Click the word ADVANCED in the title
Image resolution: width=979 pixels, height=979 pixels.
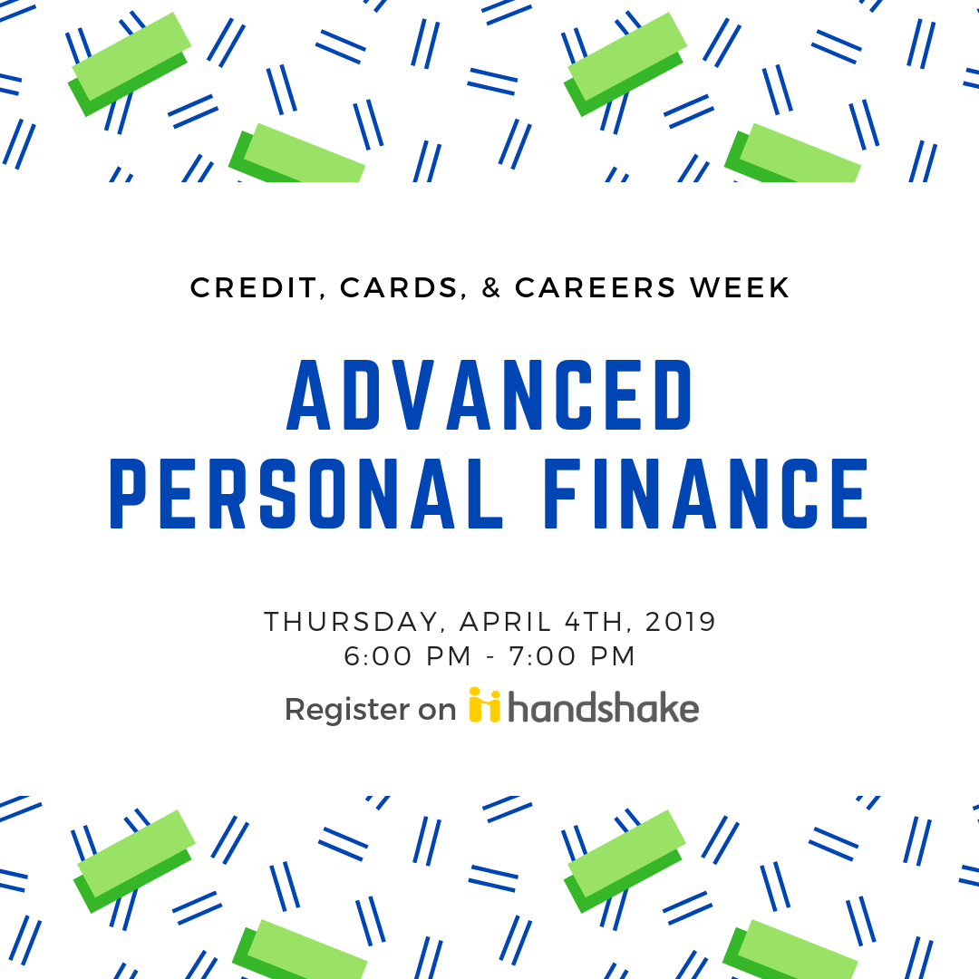tap(489, 394)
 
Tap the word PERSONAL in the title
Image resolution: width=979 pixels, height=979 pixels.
tap(306, 493)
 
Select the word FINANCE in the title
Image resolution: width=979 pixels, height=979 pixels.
tap(706, 493)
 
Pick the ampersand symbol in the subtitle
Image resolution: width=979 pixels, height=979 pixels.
tap(491, 288)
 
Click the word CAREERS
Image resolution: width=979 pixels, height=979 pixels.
tap(595, 288)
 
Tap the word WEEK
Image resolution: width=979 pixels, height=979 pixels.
tap(740, 288)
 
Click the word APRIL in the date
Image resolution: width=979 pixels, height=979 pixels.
tap(505, 622)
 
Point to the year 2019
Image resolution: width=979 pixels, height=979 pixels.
tap(680, 622)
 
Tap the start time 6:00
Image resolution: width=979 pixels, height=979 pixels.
tap(378, 656)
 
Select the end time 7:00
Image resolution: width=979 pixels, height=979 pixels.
tap(542, 656)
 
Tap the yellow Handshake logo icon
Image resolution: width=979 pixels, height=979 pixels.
tap(484, 705)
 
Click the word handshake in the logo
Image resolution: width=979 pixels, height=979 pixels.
tap(603, 707)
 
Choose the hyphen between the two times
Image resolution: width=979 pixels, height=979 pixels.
tap(490, 657)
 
